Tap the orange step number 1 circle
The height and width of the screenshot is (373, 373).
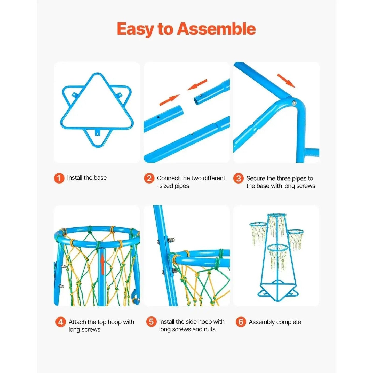pos(59,178)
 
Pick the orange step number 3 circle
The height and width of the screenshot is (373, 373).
pos(238,178)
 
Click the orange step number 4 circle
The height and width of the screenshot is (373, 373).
pos(61,322)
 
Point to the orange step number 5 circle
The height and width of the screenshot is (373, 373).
pos(151,322)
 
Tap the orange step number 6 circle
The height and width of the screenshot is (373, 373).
pos(241,322)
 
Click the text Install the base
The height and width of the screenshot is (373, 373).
pos(87,178)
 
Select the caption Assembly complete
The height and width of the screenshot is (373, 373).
pos(275,322)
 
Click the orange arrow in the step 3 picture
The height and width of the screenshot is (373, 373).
pos(286,81)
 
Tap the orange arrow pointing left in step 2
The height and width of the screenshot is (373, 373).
pos(197,85)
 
